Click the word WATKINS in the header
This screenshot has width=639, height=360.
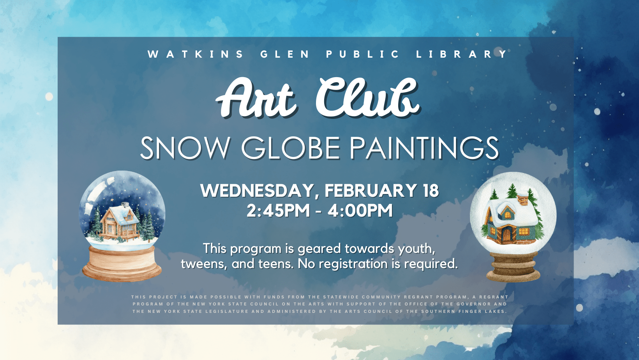[196, 54]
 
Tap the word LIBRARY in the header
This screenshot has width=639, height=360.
[462, 54]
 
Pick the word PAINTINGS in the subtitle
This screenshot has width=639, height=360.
[424, 148]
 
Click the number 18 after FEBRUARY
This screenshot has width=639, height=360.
[431, 191]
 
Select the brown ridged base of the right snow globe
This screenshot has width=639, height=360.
[513, 267]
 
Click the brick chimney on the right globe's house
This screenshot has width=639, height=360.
[523, 199]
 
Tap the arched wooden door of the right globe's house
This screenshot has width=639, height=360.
[507, 234]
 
